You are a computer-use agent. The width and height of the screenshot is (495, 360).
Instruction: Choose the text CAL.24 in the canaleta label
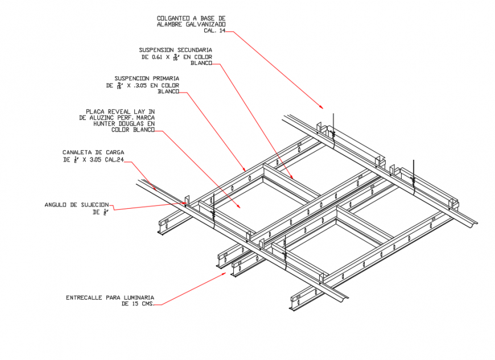click(x=113, y=160)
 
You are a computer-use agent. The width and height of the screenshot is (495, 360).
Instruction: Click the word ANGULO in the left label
click(x=56, y=205)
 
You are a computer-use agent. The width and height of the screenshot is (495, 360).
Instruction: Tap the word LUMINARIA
click(x=138, y=297)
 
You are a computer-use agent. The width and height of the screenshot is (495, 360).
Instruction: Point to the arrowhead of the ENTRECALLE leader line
click(x=225, y=274)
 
